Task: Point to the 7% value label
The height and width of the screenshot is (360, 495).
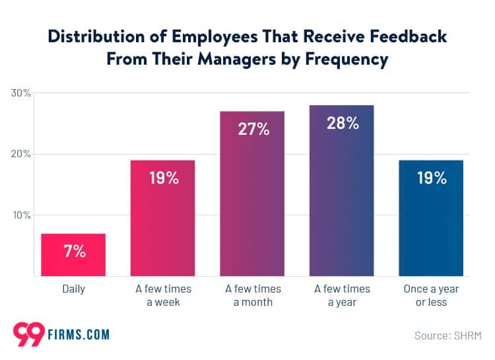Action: tap(73, 251)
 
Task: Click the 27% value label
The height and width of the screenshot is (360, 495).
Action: tap(253, 129)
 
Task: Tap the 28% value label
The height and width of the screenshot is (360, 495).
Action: tap(342, 123)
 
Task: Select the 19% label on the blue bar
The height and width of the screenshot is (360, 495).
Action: tap(431, 178)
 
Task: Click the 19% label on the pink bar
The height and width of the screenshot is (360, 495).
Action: tap(162, 178)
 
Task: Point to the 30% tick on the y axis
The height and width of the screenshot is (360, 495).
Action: tap(20, 93)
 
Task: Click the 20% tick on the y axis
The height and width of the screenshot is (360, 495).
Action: tap(20, 154)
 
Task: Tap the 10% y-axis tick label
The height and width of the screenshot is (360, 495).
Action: tap(20, 215)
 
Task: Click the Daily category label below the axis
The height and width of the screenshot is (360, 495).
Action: tap(73, 289)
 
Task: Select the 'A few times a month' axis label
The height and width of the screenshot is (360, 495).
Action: tap(253, 296)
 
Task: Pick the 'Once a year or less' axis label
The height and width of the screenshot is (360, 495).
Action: tap(431, 296)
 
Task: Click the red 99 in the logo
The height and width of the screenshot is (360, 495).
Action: tap(28, 333)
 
